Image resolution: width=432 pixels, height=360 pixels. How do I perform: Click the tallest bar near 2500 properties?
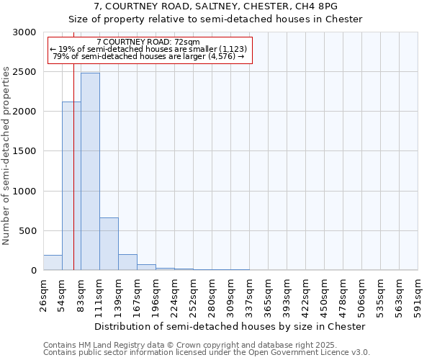90,171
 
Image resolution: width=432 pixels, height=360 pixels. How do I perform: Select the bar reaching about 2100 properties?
71,186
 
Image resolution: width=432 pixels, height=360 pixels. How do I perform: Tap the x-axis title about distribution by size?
230,326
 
